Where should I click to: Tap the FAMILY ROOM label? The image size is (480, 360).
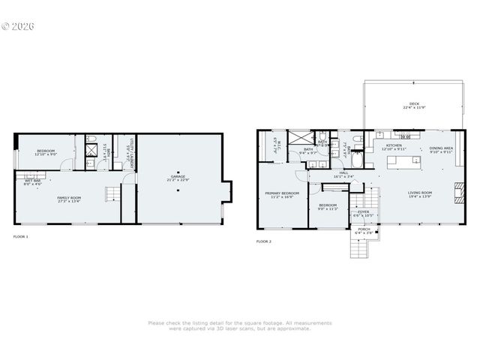click(69, 199)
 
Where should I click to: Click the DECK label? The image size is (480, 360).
click(414, 106)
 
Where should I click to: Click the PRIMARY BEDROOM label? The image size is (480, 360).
click(282, 194)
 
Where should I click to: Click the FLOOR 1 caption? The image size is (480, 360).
click(21, 236)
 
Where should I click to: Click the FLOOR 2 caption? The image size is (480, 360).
click(264, 241)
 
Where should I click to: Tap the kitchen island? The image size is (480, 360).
click(402, 160)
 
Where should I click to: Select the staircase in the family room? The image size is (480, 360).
click(111, 195)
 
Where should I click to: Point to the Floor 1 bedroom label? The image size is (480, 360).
click(46, 152)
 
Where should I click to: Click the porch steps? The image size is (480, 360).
click(359, 247)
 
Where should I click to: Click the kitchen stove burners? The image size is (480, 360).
click(406, 137)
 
